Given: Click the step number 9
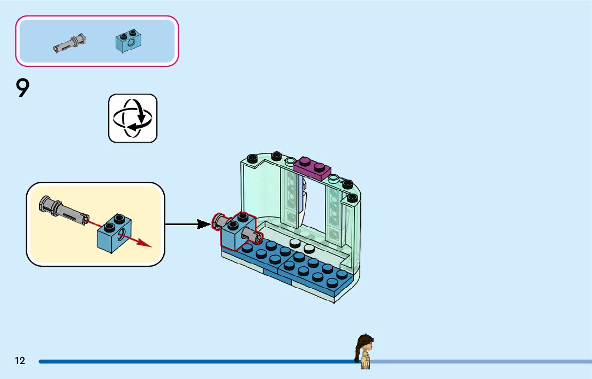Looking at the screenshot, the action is [x=22, y=88].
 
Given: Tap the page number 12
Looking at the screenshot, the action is [x=20, y=361].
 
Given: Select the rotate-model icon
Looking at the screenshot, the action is [x=133, y=119].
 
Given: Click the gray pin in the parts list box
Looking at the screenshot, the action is [x=70, y=43].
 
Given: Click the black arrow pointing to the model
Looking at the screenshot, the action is [x=188, y=225].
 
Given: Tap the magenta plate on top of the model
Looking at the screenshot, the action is [x=312, y=168].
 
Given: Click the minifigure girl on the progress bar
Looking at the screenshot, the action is [x=365, y=352].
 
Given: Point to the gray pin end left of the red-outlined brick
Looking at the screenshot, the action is [x=218, y=221].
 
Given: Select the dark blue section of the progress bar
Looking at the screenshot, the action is [x=197, y=361].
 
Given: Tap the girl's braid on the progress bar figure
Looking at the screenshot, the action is [x=358, y=353].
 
